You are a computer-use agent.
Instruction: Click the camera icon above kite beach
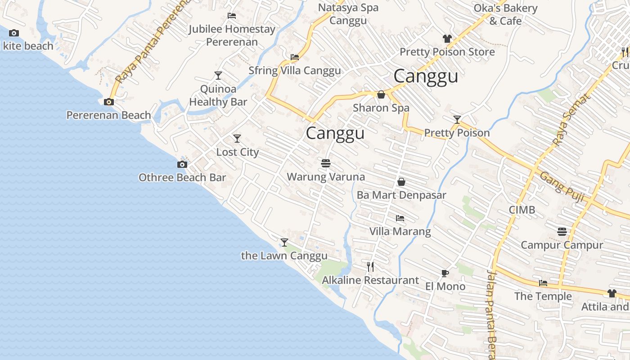[14, 33]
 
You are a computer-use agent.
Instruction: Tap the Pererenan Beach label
[108, 115]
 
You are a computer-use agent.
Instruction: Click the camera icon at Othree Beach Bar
[182, 164]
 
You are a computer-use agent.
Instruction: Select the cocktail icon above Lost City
[237, 139]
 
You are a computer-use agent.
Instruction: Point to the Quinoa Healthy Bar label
[218, 95]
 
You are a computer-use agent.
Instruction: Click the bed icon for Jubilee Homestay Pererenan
[232, 16]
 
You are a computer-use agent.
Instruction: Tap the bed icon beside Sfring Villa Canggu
[295, 57]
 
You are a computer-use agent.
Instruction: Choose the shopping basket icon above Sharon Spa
[381, 94]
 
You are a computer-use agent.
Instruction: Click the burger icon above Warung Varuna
[326, 163]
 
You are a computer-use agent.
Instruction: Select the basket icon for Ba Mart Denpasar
[401, 182]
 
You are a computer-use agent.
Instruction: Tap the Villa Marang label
[400, 231]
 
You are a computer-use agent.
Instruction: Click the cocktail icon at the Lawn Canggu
[284, 243]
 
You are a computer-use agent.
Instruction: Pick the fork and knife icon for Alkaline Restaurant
[370, 267]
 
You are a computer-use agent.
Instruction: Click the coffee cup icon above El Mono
[445, 273]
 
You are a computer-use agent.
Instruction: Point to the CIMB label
[522, 210]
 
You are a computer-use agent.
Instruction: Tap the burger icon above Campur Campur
[562, 232]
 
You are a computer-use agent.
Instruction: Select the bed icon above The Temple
[543, 283]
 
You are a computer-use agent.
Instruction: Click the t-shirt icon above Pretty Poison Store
[447, 39]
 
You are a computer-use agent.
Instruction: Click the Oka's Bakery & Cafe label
[505, 14]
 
